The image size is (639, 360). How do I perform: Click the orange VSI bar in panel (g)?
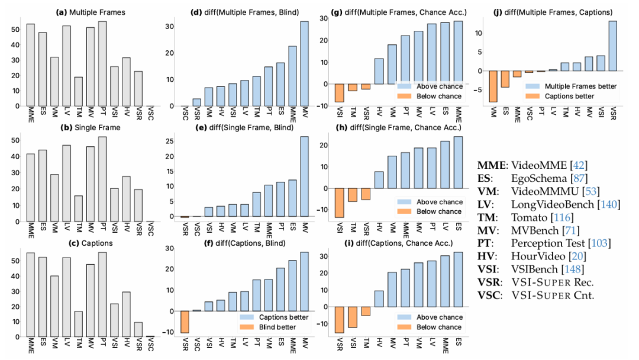(340, 93)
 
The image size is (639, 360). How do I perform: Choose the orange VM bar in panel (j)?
(493, 86)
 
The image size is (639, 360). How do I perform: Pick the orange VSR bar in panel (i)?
(340, 320)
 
